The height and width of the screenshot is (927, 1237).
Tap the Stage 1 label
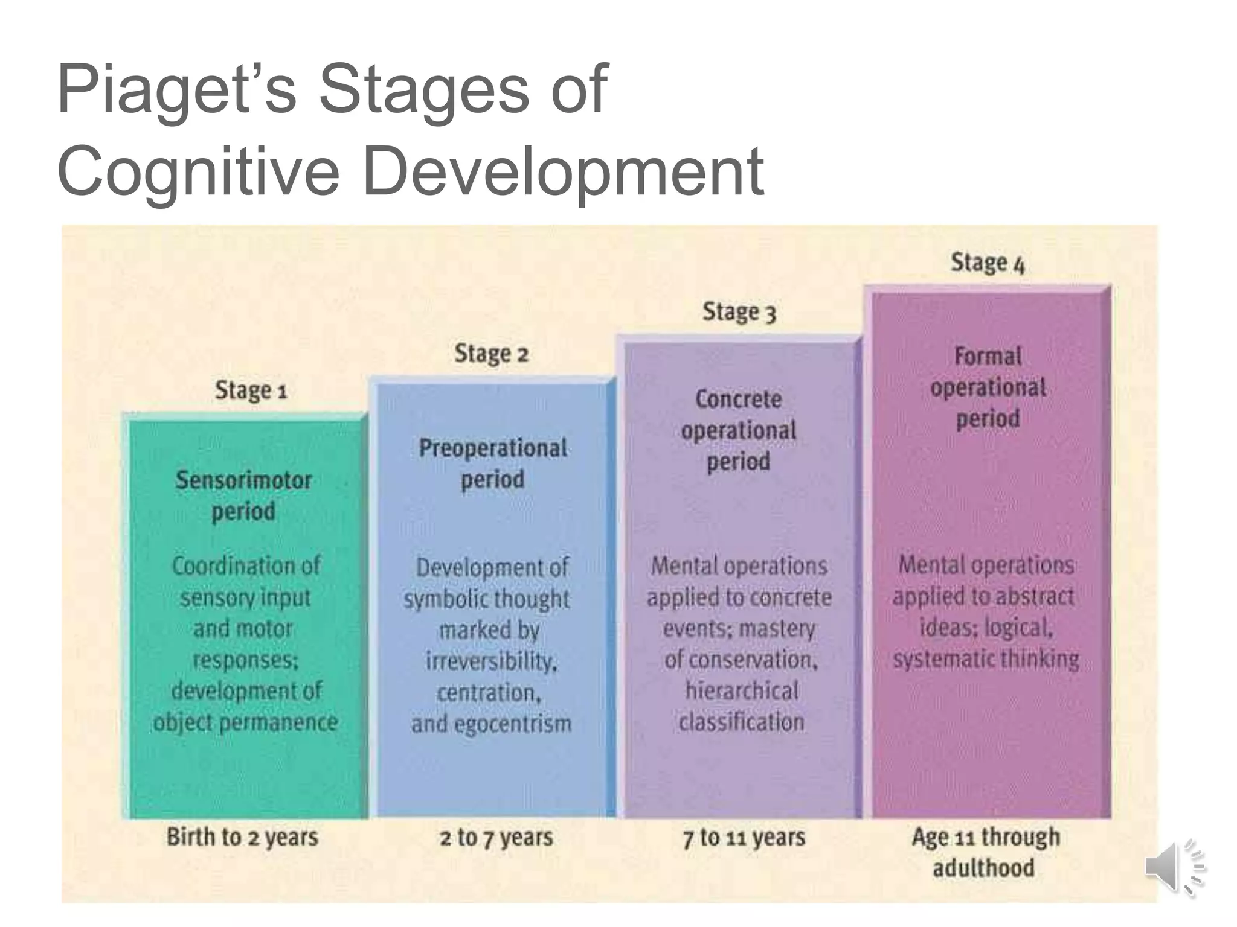(x=251, y=390)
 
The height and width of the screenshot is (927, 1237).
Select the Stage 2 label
(x=491, y=354)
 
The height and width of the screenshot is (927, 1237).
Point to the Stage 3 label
(x=739, y=312)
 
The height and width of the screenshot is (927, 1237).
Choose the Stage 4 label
(x=988, y=263)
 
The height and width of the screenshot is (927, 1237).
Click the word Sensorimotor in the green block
(x=244, y=480)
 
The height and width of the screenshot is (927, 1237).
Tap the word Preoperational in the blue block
(x=493, y=448)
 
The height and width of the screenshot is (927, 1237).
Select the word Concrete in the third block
(x=738, y=399)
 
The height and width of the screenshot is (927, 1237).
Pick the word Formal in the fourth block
(x=988, y=356)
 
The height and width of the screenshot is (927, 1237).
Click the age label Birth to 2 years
(x=242, y=838)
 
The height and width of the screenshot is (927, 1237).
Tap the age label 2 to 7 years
(x=496, y=838)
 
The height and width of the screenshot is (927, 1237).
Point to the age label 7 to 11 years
(x=744, y=838)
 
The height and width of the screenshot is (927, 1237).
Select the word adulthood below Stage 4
(x=983, y=868)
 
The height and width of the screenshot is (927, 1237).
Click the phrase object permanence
(x=245, y=722)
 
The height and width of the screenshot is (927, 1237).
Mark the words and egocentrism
(x=491, y=724)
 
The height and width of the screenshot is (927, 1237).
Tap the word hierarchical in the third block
(x=742, y=691)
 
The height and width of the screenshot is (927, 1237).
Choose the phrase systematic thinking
(x=986, y=658)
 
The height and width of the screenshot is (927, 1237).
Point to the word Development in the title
(x=563, y=171)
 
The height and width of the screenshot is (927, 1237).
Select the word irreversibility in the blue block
(x=490, y=661)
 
